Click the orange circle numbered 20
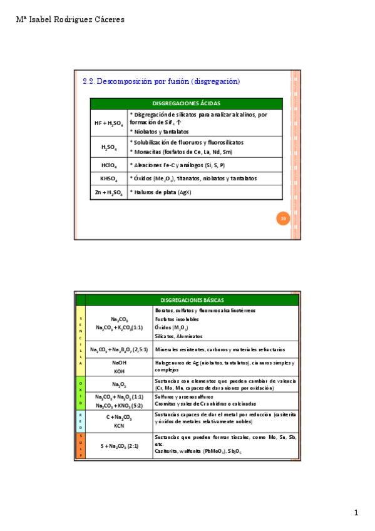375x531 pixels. click(x=283, y=218)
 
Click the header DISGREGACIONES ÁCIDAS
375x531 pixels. click(x=187, y=103)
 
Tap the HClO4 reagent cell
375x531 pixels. click(x=109, y=165)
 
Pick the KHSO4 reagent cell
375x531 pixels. click(x=109, y=178)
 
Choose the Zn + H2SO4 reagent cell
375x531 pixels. click(x=109, y=192)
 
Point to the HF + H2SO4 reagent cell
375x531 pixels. click(x=109, y=123)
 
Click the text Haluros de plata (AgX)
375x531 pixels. click(x=160, y=192)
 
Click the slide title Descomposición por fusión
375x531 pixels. click(x=161, y=81)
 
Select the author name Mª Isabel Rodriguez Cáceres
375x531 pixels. click(x=70, y=19)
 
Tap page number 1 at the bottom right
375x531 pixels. click(x=356, y=513)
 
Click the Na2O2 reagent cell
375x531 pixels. click(x=119, y=384)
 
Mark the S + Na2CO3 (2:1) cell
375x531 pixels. click(x=119, y=445)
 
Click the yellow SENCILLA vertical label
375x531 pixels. click(x=80, y=341)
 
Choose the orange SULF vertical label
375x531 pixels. click(x=80, y=445)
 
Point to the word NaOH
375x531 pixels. click(x=119, y=363)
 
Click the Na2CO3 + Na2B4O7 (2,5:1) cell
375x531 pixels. click(x=119, y=349)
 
